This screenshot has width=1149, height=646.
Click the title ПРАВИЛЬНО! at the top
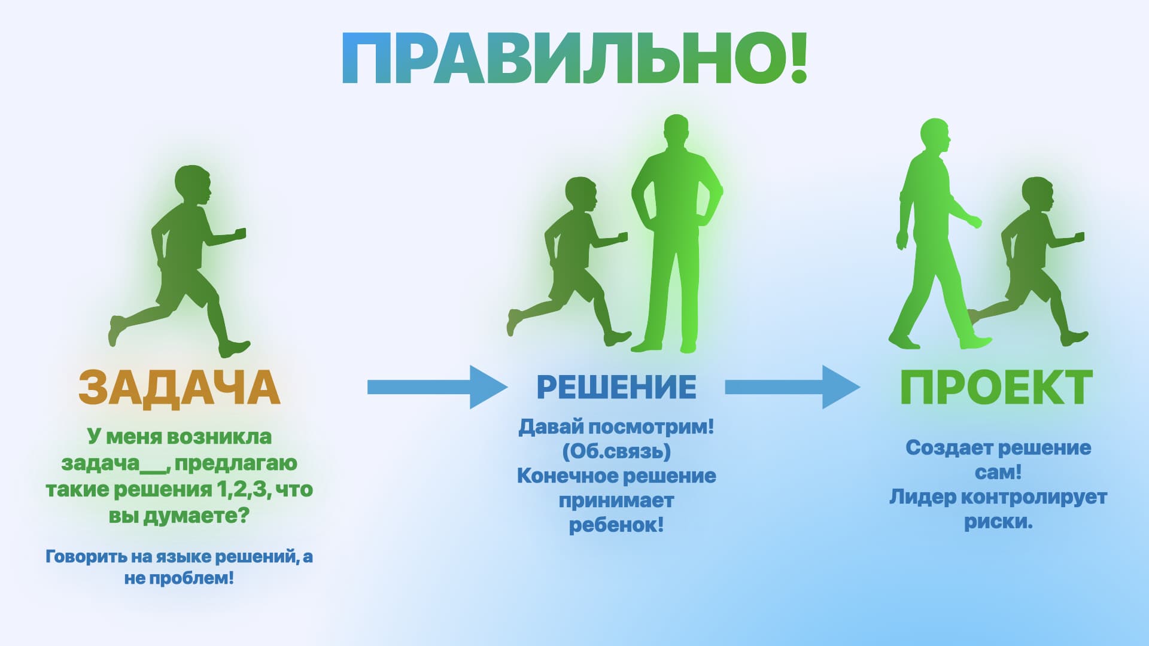[574, 59]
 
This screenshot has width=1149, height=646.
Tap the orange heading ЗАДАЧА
[179, 388]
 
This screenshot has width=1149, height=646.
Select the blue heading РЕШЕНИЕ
[616, 386]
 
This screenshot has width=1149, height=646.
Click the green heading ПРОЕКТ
[996, 388]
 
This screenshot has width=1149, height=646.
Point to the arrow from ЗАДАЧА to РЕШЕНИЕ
[437, 387]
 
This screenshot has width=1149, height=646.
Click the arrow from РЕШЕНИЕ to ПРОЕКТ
[792, 387]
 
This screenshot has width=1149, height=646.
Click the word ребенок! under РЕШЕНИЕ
[616, 525]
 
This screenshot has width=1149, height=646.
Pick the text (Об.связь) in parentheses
[616, 451]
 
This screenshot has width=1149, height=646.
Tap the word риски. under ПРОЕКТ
[998, 522]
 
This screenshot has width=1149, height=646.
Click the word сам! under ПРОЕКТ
[998, 473]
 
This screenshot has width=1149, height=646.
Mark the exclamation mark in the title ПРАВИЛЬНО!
[799, 59]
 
